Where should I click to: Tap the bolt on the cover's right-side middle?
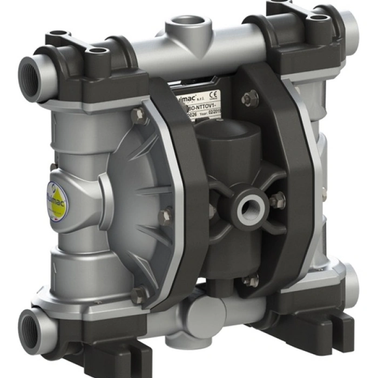pyautogui.click(x=165, y=216)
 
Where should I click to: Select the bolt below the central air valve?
pyautogui.click(x=250, y=281)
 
